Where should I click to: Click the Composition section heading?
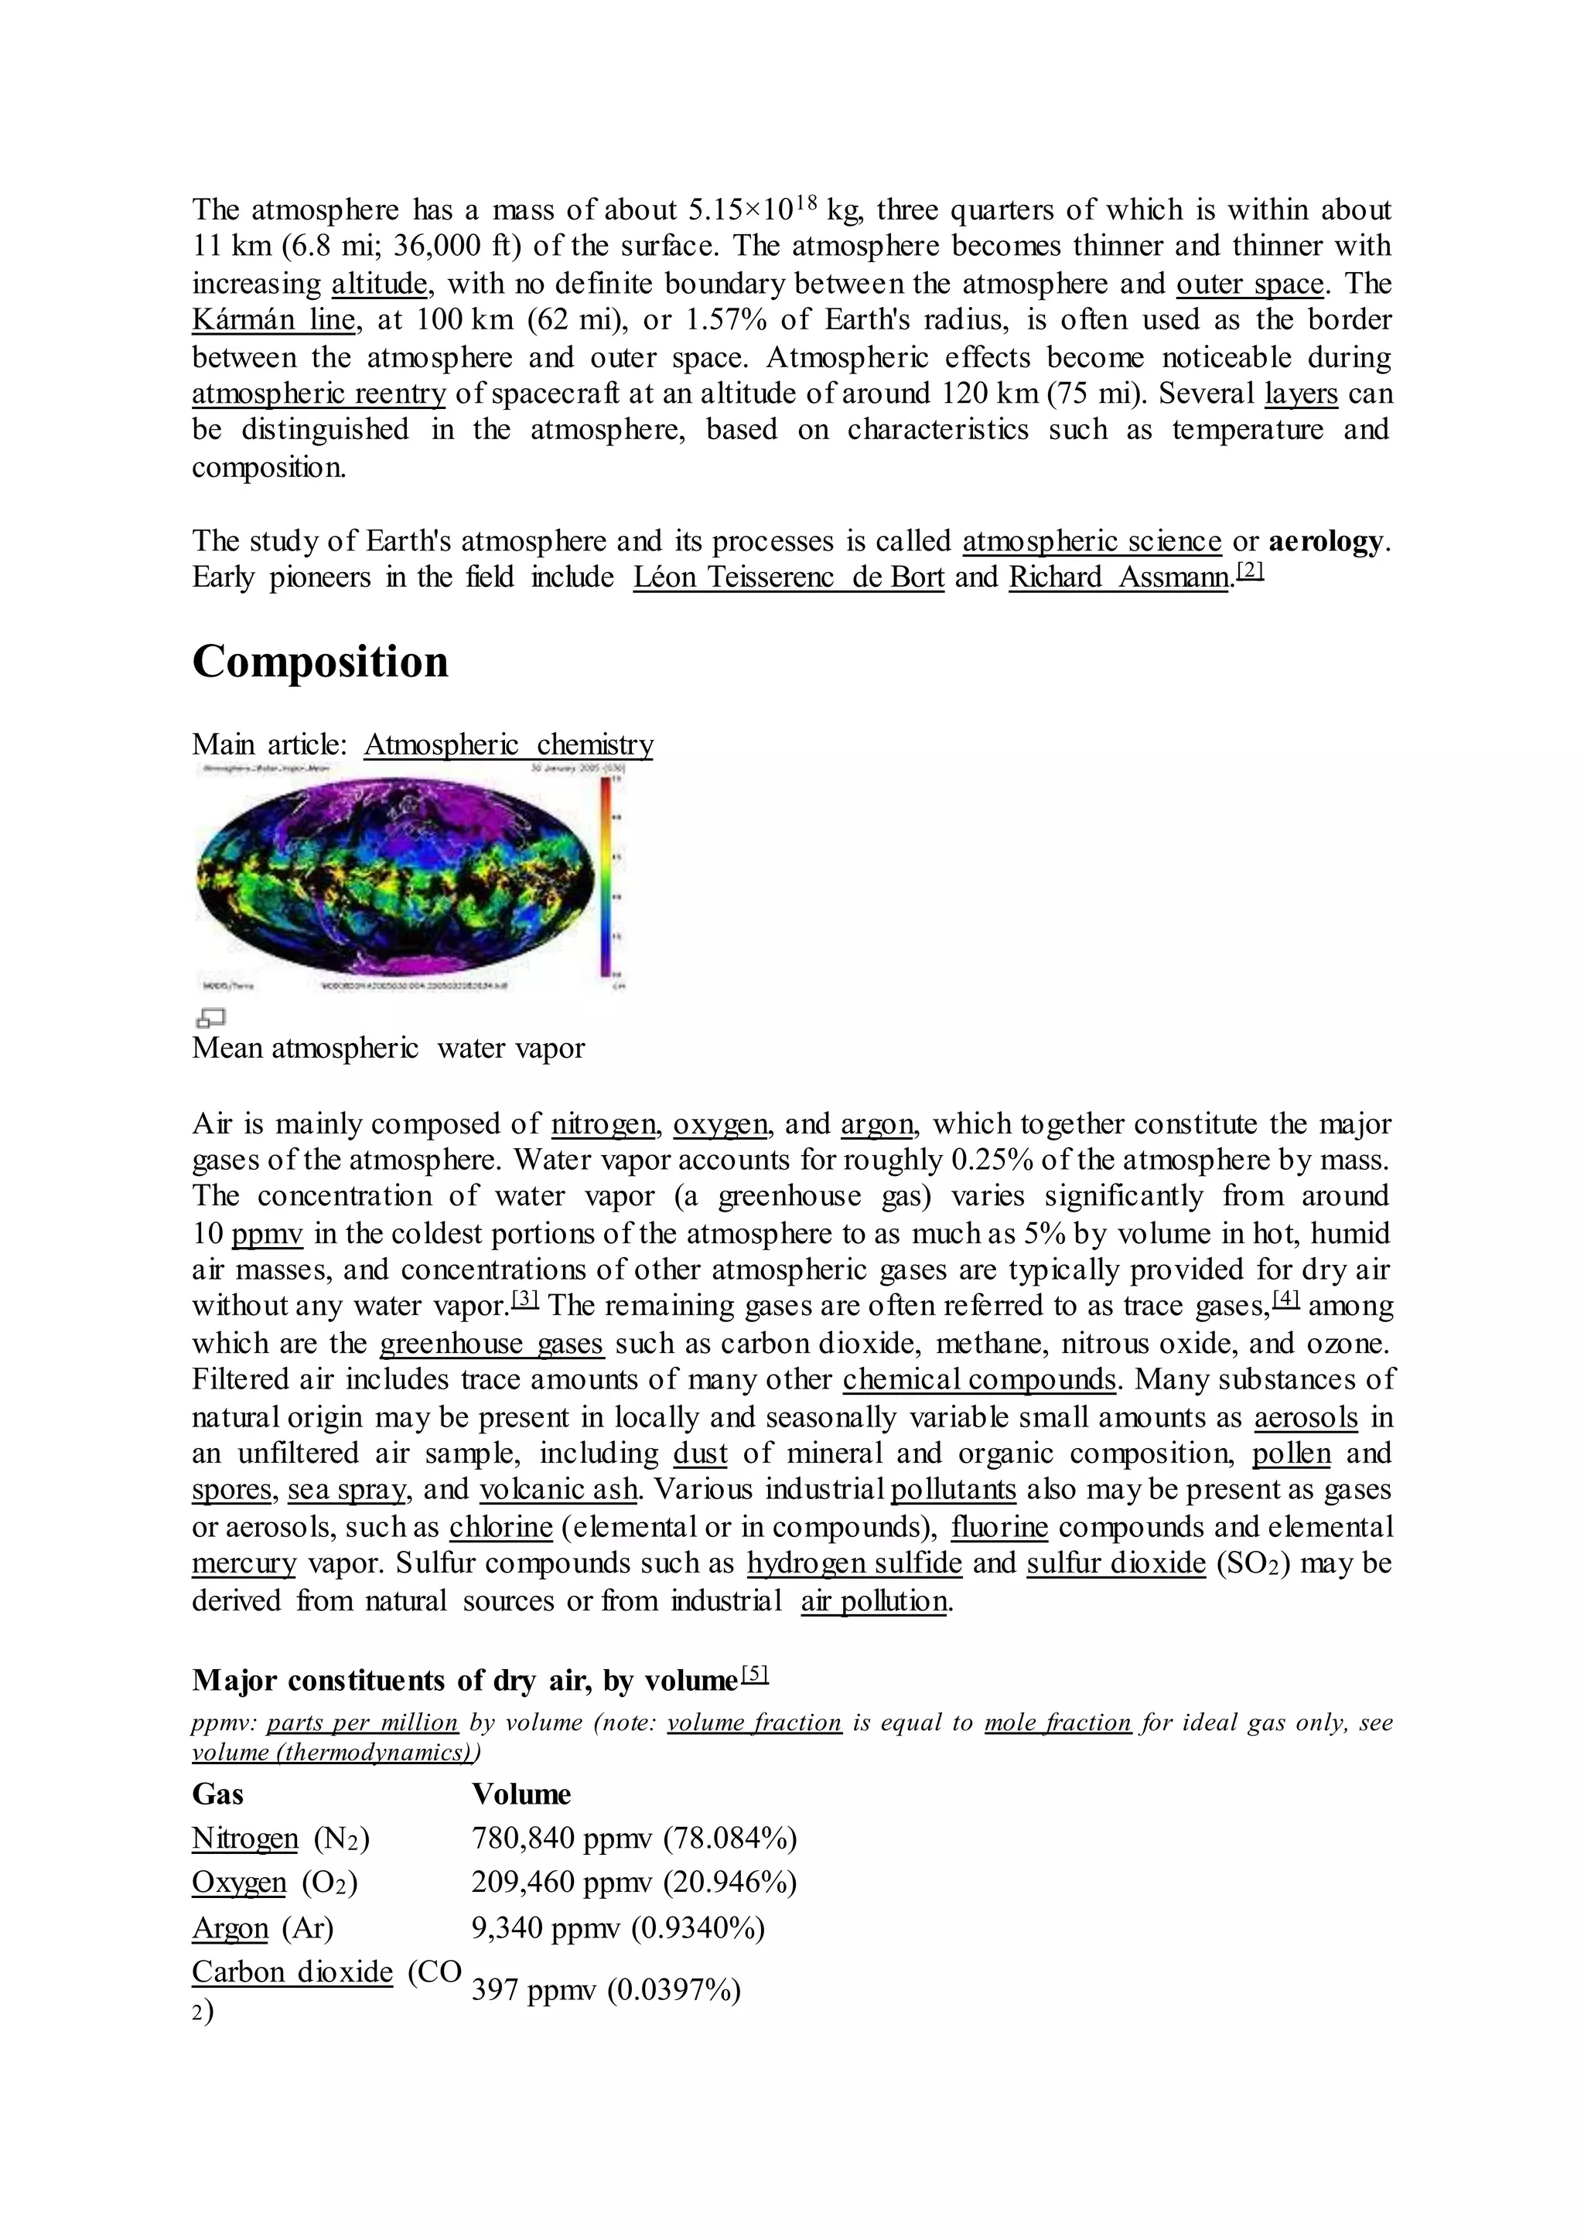coord(320,662)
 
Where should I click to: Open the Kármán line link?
coord(273,320)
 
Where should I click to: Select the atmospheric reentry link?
coord(318,394)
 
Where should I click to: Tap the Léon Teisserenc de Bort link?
coord(788,578)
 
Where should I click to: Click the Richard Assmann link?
coord(1118,578)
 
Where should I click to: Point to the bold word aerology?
coord(1326,541)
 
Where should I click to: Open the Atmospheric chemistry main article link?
coord(508,745)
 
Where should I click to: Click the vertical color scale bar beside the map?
coord(606,878)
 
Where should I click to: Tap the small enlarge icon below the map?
coord(210,1018)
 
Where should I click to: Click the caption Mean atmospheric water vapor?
coord(388,1048)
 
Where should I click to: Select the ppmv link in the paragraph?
coord(268,1235)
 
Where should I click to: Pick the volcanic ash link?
coord(559,1490)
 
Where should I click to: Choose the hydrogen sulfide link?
coord(855,1564)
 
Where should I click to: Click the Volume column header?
coord(521,1794)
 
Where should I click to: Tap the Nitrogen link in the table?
coord(245,1839)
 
